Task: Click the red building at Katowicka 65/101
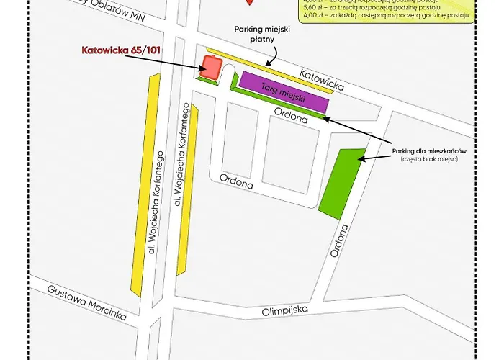[x=210, y=68]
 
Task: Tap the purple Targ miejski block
[x=283, y=91]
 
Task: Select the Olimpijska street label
[x=284, y=310]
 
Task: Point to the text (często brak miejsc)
[x=431, y=159]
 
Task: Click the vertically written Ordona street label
[x=340, y=243]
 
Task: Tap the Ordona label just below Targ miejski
[x=291, y=117]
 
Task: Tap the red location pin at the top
[x=250, y=2]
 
